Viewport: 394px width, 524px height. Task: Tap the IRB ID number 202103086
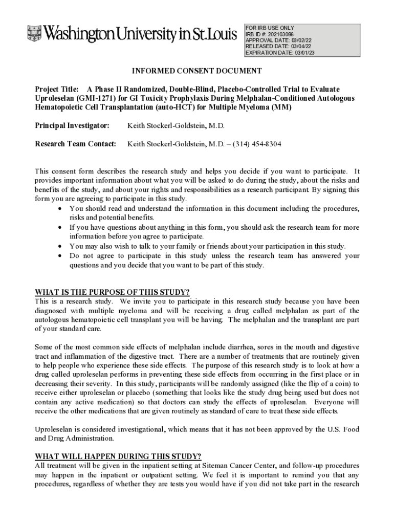pos(279,34)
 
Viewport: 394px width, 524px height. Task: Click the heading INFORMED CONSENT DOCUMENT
pos(197,71)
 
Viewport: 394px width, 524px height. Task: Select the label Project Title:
pos(56,89)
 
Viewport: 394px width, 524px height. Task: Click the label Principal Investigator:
pos(72,125)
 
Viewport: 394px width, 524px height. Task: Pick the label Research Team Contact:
pos(76,144)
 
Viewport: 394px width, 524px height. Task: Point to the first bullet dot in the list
pos(61,209)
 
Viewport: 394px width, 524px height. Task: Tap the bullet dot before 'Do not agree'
pos(61,255)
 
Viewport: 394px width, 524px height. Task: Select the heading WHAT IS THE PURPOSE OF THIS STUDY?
pos(112,292)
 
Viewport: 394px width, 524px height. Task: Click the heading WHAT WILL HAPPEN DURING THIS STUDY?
pos(118,456)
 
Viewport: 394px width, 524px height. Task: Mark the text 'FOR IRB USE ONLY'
pos(270,28)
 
